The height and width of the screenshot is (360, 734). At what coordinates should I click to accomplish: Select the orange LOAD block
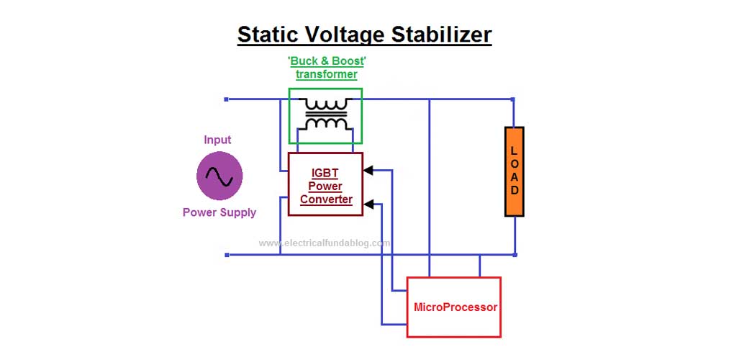click(x=514, y=171)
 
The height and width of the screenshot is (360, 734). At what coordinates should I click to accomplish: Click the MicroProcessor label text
click(x=455, y=307)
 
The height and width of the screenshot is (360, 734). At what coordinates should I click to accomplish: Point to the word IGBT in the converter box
click(x=325, y=173)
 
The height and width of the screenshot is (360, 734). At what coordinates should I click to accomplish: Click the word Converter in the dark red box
click(x=326, y=199)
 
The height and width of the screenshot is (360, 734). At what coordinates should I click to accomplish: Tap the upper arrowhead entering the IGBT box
click(x=368, y=171)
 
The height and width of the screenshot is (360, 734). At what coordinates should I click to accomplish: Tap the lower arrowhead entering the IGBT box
click(x=368, y=203)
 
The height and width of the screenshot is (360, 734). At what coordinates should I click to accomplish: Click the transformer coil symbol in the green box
click(x=326, y=116)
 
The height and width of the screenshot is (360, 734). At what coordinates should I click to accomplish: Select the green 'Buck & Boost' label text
click(x=325, y=62)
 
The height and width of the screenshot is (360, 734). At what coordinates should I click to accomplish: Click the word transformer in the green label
click(x=326, y=75)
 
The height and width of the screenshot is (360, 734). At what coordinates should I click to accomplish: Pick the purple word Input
click(x=217, y=140)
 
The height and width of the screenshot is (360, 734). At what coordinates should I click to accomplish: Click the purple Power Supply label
click(x=219, y=212)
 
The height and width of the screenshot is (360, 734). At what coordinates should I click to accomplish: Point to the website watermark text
click(x=325, y=243)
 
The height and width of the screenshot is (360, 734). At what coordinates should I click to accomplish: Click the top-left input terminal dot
click(x=226, y=99)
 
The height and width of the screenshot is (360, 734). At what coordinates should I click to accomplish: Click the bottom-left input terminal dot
click(x=226, y=254)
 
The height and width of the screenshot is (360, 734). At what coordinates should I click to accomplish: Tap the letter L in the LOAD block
click(x=514, y=150)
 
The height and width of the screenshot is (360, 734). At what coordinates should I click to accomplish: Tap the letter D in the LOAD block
click(x=514, y=191)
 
